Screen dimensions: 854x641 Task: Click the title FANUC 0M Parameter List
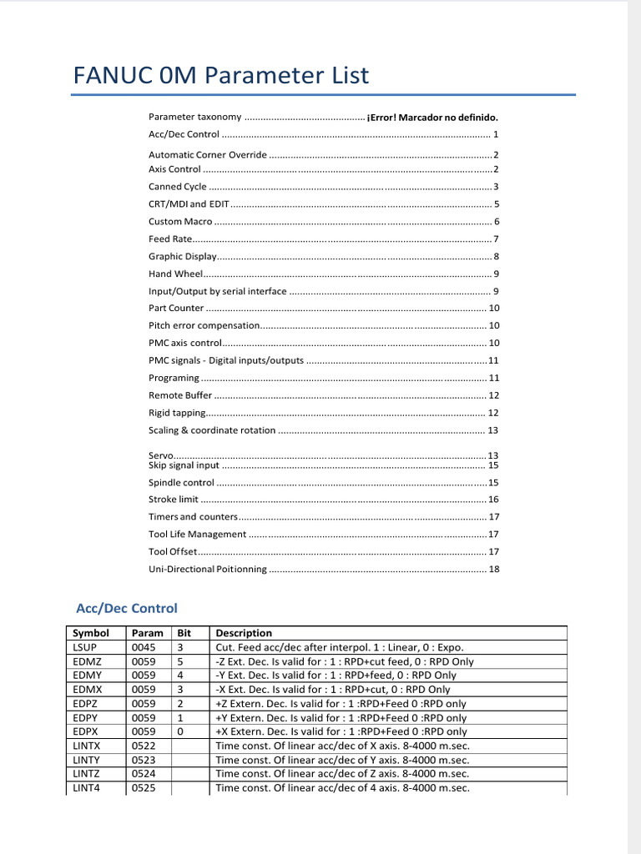tap(221, 76)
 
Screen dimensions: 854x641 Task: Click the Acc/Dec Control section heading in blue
tap(127, 608)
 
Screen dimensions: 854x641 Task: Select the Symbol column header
tap(91, 633)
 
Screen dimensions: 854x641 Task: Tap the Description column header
tap(244, 633)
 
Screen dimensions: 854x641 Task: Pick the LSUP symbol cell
tap(85, 647)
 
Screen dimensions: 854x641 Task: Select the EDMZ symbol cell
tap(87, 661)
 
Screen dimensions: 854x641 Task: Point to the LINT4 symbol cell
tap(86, 788)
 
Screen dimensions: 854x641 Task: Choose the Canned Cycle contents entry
tap(178, 187)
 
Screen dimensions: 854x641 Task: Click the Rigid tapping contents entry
tap(175, 413)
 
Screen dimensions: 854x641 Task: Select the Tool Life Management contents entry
tap(197, 534)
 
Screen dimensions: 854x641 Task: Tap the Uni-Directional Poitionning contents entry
tap(208, 569)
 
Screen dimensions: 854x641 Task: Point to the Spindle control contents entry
tap(181, 482)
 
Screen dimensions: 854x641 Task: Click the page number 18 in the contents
tap(493, 569)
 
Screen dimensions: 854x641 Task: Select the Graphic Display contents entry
tap(182, 256)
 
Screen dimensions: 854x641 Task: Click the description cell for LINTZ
tap(342, 774)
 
